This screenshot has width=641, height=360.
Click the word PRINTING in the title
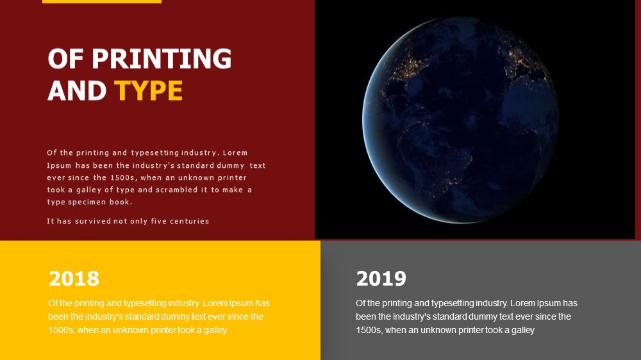[162, 58]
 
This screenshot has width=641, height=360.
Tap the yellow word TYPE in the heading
[149, 91]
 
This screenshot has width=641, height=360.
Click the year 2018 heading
[74, 279]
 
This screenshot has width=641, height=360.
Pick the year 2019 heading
[381, 279]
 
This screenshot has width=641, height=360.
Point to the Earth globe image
[460, 120]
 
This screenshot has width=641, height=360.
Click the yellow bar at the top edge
[102, 2]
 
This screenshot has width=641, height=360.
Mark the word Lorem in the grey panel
[522, 303]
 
